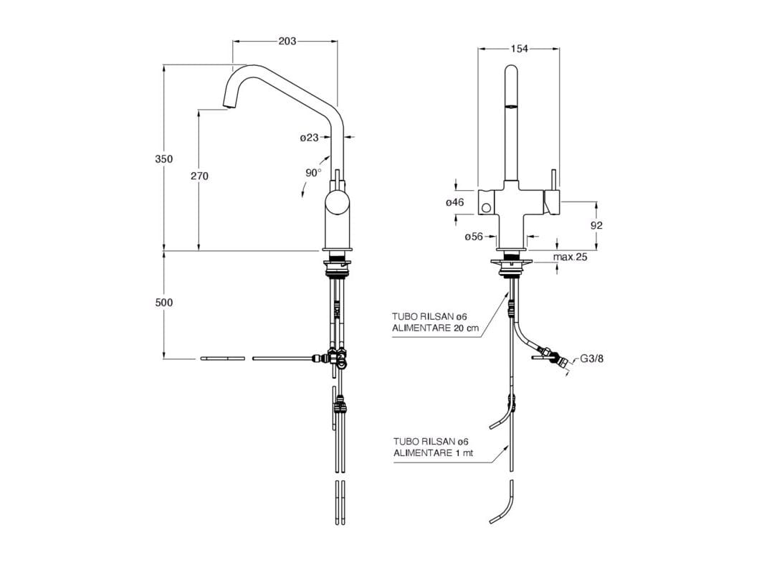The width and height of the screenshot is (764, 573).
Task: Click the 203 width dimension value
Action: (x=287, y=42)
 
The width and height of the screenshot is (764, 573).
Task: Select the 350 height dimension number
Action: (x=164, y=159)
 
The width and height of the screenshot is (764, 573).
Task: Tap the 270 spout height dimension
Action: (x=199, y=176)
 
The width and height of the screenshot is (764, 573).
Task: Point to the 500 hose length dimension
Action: (x=164, y=303)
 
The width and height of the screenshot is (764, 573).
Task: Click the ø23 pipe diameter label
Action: (x=309, y=137)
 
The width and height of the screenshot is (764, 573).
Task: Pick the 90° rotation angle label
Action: (x=313, y=173)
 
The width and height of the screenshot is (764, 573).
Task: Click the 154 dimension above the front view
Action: (x=519, y=49)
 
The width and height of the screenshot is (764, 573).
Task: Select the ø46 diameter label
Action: (x=455, y=203)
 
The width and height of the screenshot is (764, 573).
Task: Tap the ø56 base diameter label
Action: (x=473, y=237)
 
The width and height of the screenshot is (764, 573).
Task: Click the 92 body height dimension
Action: (x=596, y=225)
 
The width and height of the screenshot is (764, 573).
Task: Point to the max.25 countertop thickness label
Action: (x=570, y=257)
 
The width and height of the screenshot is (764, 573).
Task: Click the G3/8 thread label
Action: (x=593, y=359)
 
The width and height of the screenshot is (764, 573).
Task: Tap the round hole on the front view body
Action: (x=486, y=208)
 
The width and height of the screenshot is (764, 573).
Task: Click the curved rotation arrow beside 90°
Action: (x=304, y=188)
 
